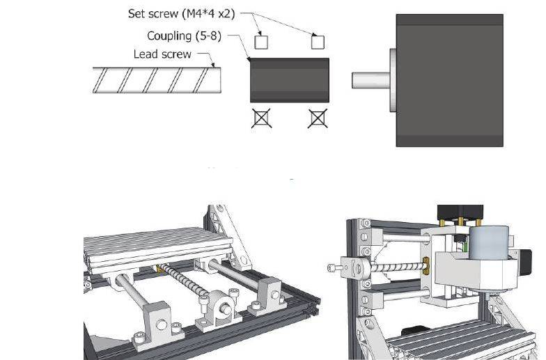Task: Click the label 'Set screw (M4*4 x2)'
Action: coord(181,14)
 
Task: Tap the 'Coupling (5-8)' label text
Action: coord(184,36)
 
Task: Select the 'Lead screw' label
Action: coord(162,54)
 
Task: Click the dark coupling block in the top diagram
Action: coord(290,80)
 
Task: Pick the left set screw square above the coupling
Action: coord(261,42)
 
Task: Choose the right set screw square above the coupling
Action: coord(318,42)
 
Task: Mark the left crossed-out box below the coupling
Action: coord(261,118)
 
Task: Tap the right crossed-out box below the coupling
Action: coord(318,118)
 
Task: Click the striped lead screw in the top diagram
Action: coord(157,80)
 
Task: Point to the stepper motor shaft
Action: coord(370,80)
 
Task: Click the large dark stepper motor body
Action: coord(450,81)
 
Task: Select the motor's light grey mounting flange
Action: coord(393,80)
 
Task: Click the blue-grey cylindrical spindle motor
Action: coord(489,243)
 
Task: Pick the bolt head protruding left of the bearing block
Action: coord(334,267)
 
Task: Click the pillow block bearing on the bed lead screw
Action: coord(219,308)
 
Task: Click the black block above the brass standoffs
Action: coord(460,212)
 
